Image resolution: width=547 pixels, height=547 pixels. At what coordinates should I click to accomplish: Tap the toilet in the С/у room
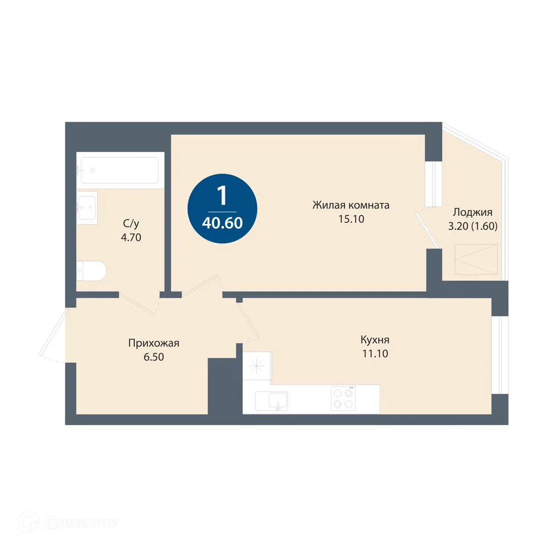click(x=90, y=270)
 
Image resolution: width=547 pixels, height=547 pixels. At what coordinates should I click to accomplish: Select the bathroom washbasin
click(x=87, y=208)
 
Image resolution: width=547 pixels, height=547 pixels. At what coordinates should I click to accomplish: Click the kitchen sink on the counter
click(x=271, y=401)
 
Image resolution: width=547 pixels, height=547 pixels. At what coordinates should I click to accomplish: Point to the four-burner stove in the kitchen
click(x=343, y=399)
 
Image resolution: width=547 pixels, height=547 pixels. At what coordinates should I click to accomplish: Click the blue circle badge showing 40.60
click(x=222, y=209)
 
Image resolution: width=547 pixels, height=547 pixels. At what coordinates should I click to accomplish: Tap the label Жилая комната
click(x=351, y=205)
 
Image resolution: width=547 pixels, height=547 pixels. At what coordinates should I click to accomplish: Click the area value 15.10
click(x=351, y=219)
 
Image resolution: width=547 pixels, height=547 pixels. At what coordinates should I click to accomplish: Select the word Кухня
click(x=375, y=340)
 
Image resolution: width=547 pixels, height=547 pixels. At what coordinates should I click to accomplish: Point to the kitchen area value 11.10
click(x=375, y=354)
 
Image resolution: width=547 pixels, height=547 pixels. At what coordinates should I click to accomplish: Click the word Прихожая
click(x=154, y=343)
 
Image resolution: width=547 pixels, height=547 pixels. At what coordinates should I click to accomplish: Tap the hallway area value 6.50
click(x=154, y=357)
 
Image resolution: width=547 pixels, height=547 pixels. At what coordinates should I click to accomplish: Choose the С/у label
click(x=131, y=223)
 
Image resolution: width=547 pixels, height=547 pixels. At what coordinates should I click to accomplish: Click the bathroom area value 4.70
click(x=131, y=238)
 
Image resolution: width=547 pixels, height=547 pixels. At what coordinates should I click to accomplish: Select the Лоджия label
click(x=473, y=212)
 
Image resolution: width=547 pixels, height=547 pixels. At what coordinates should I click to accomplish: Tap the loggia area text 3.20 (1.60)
click(x=473, y=226)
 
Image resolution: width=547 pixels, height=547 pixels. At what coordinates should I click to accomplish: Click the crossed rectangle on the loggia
click(x=476, y=259)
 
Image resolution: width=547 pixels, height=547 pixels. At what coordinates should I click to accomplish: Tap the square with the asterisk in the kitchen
click(x=257, y=366)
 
